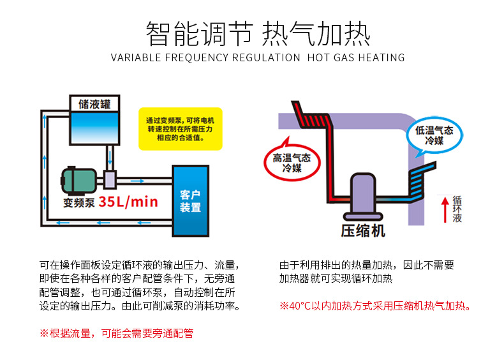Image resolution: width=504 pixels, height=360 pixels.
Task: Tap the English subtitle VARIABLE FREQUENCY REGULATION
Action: click(x=205, y=57)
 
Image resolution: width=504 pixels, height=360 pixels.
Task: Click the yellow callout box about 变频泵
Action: click(x=180, y=128)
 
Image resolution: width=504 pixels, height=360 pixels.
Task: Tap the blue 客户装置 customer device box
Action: click(x=190, y=200)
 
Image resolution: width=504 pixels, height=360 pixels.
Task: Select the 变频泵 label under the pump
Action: click(x=79, y=203)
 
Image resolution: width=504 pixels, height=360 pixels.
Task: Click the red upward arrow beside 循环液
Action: click(x=446, y=209)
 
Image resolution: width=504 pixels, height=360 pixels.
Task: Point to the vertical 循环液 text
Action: click(x=457, y=209)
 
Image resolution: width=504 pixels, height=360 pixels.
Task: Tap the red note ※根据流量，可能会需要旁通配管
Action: click(x=116, y=333)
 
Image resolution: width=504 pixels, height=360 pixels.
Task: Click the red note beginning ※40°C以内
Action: click(x=376, y=306)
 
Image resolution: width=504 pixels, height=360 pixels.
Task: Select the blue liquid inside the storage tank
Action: click(x=94, y=126)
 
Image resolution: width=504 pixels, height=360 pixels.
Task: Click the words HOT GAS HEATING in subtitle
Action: click(x=355, y=57)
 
